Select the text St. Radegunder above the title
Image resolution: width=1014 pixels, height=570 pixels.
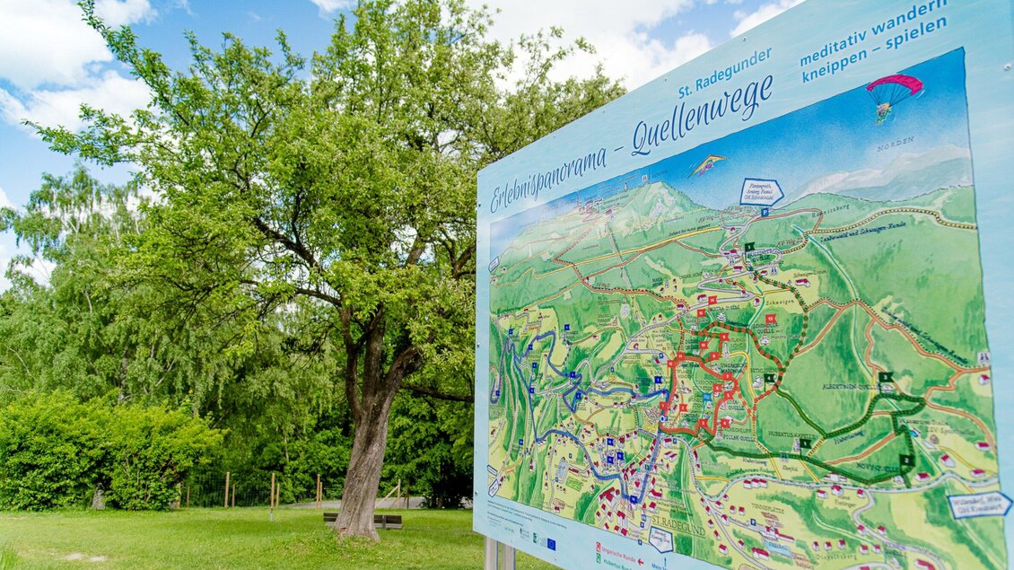[x=724, y=72]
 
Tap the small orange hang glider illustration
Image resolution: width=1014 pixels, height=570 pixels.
[x=708, y=164]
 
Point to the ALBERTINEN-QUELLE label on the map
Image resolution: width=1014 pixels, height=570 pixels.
[x=849, y=386]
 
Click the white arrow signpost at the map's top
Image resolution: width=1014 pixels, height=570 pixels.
[x=761, y=191]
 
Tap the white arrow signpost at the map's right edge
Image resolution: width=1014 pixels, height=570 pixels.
[x=978, y=504]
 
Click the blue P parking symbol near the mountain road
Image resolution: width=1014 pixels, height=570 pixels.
[x=765, y=213]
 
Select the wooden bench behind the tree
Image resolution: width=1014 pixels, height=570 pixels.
[x=363, y=519]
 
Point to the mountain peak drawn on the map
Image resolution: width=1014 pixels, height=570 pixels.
[x=658, y=189]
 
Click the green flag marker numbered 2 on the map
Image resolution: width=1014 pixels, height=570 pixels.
[x=906, y=460]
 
